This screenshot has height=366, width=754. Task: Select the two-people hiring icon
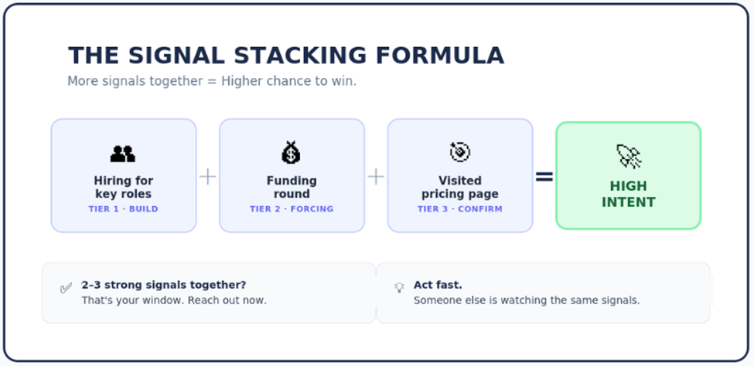coord(123,154)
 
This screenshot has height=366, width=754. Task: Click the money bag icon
coord(291,153)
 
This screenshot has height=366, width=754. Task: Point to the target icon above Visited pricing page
coord(459,152)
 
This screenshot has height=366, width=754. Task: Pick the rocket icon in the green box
coord(628,157)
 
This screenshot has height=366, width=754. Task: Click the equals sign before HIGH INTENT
coord(544,177)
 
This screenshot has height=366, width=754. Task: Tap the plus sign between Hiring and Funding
coord(208,177)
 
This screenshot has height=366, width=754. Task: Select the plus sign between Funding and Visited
coord(376,177)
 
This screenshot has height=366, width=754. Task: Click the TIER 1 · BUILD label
coord(124,209)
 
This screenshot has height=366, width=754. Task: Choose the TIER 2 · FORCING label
coord(292,209)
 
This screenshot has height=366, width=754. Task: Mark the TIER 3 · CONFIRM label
coord(460,209)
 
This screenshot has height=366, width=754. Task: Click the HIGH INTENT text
coord(628,195)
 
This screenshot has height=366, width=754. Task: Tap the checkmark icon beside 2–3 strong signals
coord(66,288)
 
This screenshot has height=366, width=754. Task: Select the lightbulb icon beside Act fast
coord(399,287)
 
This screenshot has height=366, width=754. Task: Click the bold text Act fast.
coord(438,285)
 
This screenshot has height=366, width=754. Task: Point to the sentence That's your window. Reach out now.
coord(174,300)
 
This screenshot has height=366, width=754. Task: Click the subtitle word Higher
coord(242,81)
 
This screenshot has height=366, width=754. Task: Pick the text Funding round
coord(292,188)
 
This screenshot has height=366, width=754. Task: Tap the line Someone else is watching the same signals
coord(527,300)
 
